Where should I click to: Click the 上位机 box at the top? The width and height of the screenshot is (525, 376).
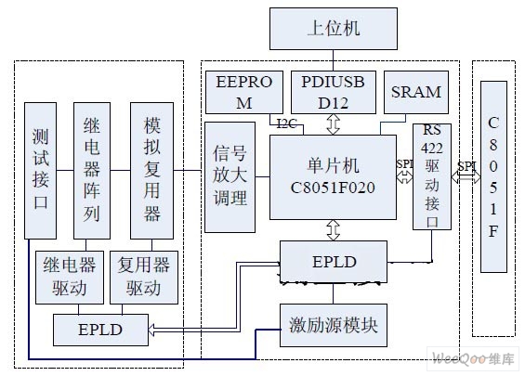tap(334, 29)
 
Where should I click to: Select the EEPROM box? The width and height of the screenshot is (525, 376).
tap(244, 92)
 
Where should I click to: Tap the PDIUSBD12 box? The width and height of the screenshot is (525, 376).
tap(334, 92)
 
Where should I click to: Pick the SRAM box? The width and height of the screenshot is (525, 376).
tap(416, 92)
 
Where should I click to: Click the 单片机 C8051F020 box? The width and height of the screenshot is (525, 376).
tap(334, 177)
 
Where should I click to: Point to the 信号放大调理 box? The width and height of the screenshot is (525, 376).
tap(230, 177)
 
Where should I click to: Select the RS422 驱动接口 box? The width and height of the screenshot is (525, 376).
tap(432, 176)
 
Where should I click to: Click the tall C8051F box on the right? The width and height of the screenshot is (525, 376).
tap(493, 176)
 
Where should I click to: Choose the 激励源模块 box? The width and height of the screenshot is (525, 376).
tap(334, 325)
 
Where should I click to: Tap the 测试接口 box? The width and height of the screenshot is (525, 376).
tap(41, 171)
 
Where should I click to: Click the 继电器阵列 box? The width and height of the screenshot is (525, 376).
tap(92, 171)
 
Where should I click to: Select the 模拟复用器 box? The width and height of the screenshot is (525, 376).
tap(152, 171)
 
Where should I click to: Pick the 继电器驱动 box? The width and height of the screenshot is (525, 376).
tap(70, 278)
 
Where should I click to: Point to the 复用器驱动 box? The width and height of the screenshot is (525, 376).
tap(144, 278)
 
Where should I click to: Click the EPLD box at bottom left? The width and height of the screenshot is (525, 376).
tap(100, 330)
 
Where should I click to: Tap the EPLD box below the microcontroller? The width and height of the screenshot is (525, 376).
tap(334, 262)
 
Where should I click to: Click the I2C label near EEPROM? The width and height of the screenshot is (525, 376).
tap(286, 124)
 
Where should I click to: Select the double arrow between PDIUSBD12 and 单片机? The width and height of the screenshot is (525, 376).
tap(334, 124)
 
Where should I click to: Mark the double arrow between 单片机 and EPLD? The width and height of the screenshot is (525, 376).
tap(334, 230)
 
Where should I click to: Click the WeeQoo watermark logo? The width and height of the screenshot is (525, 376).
tap(473, 359)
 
